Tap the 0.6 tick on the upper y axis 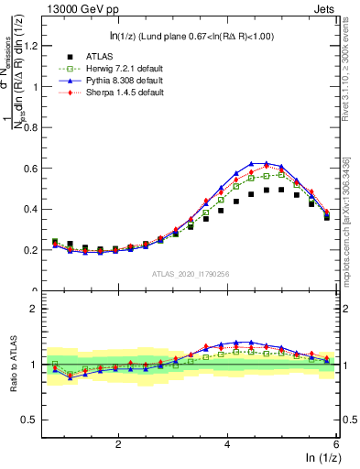pyautogui.click(x=37, y=169)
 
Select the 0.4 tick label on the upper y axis pyautogui.click(x=37, y=209)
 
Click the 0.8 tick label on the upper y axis pyautogui.click(x=37, y=127)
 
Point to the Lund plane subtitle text pyautogui.click(x=191, y=36)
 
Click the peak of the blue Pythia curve pyautogui.click(x=267, y=163)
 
